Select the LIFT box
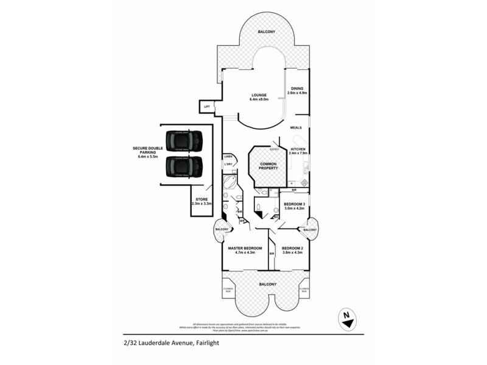point(207,107)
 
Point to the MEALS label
point(296,128)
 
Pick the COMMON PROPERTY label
point(268,166)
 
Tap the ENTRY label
point(275,149)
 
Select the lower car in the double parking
point(182,165)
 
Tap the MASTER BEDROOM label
point(245,250)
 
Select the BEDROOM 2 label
point(293,250)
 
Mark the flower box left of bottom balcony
point(228,291)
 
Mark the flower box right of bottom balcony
point(304,291)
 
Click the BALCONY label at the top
point(266,32)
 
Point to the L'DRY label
point(228,164)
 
